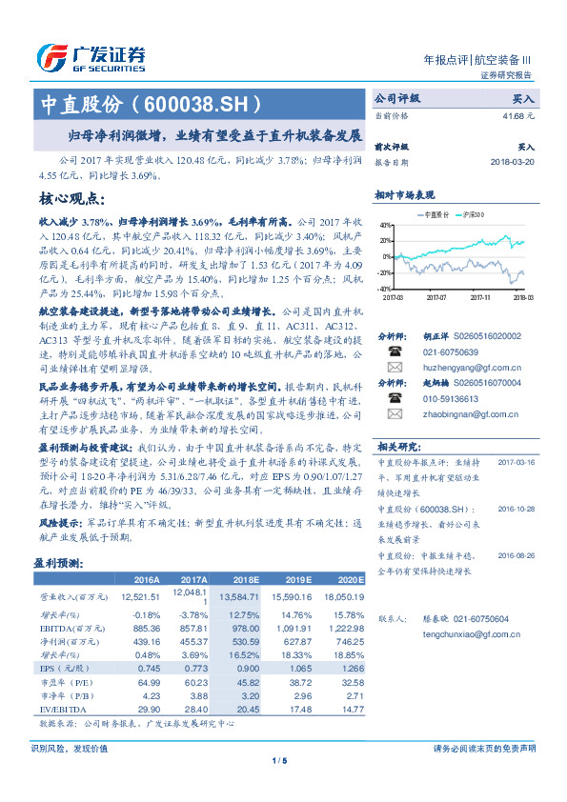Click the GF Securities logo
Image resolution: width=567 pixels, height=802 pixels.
(x=91, y=58)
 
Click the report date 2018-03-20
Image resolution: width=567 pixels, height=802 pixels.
(x=513, y=160)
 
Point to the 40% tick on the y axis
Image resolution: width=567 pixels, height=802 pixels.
(x=384, y=225)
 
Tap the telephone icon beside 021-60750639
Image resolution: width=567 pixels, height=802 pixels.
(x=393, y=351)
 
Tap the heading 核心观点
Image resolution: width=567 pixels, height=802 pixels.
(x=71, y=200)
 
